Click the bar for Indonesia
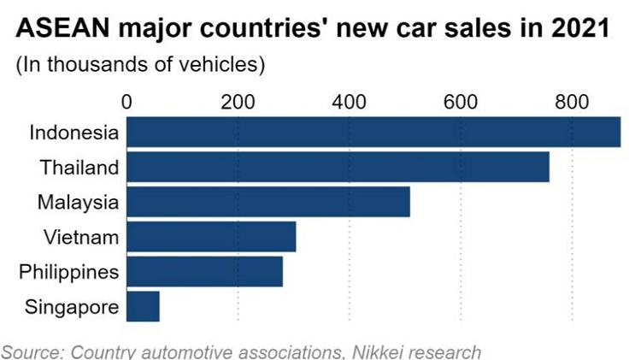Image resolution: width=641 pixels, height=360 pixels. coord(373,133)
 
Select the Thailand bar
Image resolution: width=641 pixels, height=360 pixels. coord(338,168)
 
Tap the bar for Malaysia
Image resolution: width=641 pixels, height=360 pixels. coord(268,202)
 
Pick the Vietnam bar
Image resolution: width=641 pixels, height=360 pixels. coord(211,237)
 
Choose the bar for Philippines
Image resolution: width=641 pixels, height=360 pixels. coord(204,271)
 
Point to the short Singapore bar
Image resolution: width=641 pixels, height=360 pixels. coord(143,306)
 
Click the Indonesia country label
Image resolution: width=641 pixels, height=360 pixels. coord(74,133)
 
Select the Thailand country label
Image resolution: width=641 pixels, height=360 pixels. coord(78,168)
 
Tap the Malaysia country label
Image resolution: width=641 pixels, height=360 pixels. coord(77,203)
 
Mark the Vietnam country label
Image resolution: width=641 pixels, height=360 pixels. coord(80,237)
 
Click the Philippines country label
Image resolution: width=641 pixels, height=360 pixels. coord(68,272)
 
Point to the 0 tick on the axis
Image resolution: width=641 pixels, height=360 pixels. coord(127,102)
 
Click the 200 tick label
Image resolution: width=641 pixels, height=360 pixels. coord(238,102)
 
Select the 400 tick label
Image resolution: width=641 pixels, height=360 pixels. coord(350,102)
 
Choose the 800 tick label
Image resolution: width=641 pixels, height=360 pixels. coord(571,102)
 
